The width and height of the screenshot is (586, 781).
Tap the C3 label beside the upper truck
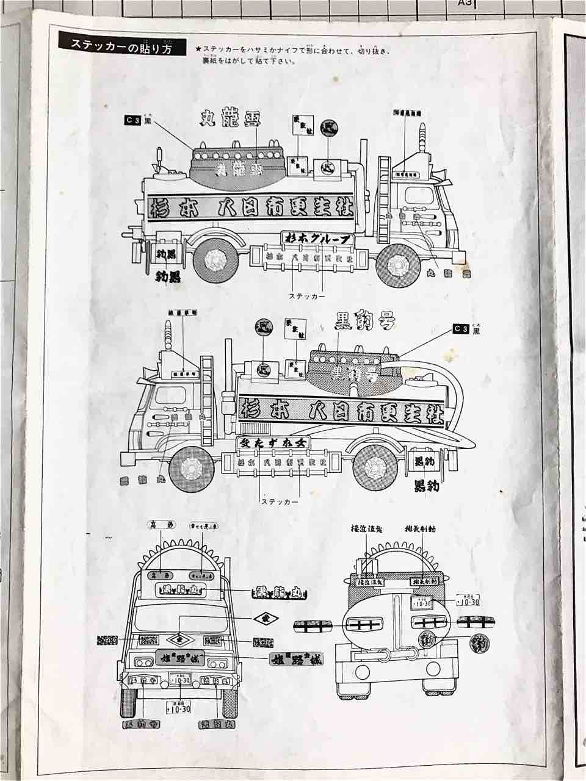(132, 121)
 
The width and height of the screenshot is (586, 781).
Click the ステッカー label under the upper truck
(306, 295)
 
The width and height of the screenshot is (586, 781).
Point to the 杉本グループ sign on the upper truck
(317, 239)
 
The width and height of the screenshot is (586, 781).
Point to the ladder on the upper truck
(385, 201)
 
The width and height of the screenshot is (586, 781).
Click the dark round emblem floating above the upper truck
(331, 127)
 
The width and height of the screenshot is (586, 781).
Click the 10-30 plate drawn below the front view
(178, 708)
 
